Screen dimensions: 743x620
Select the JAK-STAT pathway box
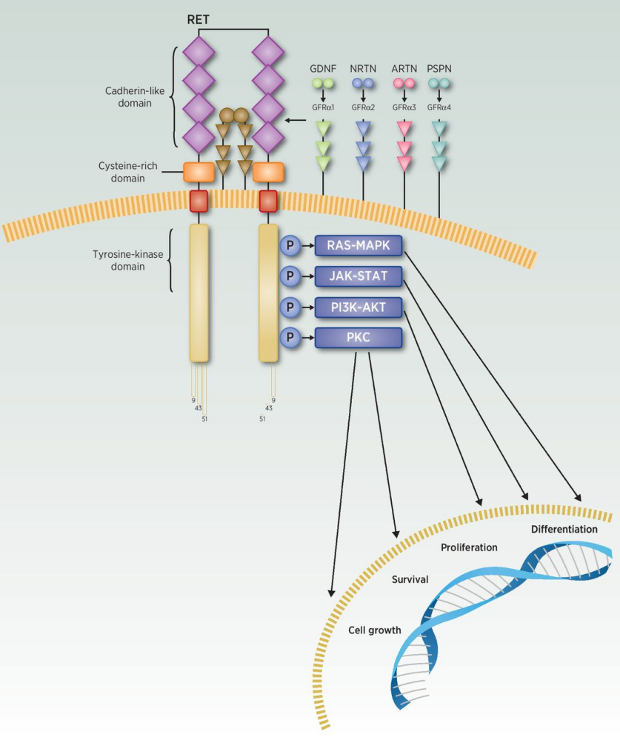[359, 276]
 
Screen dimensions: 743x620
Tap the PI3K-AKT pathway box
[359, 307]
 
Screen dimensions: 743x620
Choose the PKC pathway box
[359, 338]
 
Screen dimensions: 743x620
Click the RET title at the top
[199, 20]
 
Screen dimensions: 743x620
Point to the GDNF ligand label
[323, 69]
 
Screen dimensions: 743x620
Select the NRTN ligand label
[363, 69]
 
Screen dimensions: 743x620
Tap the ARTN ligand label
[404, 69]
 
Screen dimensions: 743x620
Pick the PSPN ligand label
[439, 69]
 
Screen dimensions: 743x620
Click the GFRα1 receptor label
[323, 107]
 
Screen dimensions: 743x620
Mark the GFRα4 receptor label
[439, 107]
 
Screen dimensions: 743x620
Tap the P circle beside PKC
[290, 338]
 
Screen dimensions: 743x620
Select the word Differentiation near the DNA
[564, 529]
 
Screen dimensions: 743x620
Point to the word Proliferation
[469, 547]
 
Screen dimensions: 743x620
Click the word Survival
[410, 579]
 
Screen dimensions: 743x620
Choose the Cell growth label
[374, 630]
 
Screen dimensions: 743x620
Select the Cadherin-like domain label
[128, 97]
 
